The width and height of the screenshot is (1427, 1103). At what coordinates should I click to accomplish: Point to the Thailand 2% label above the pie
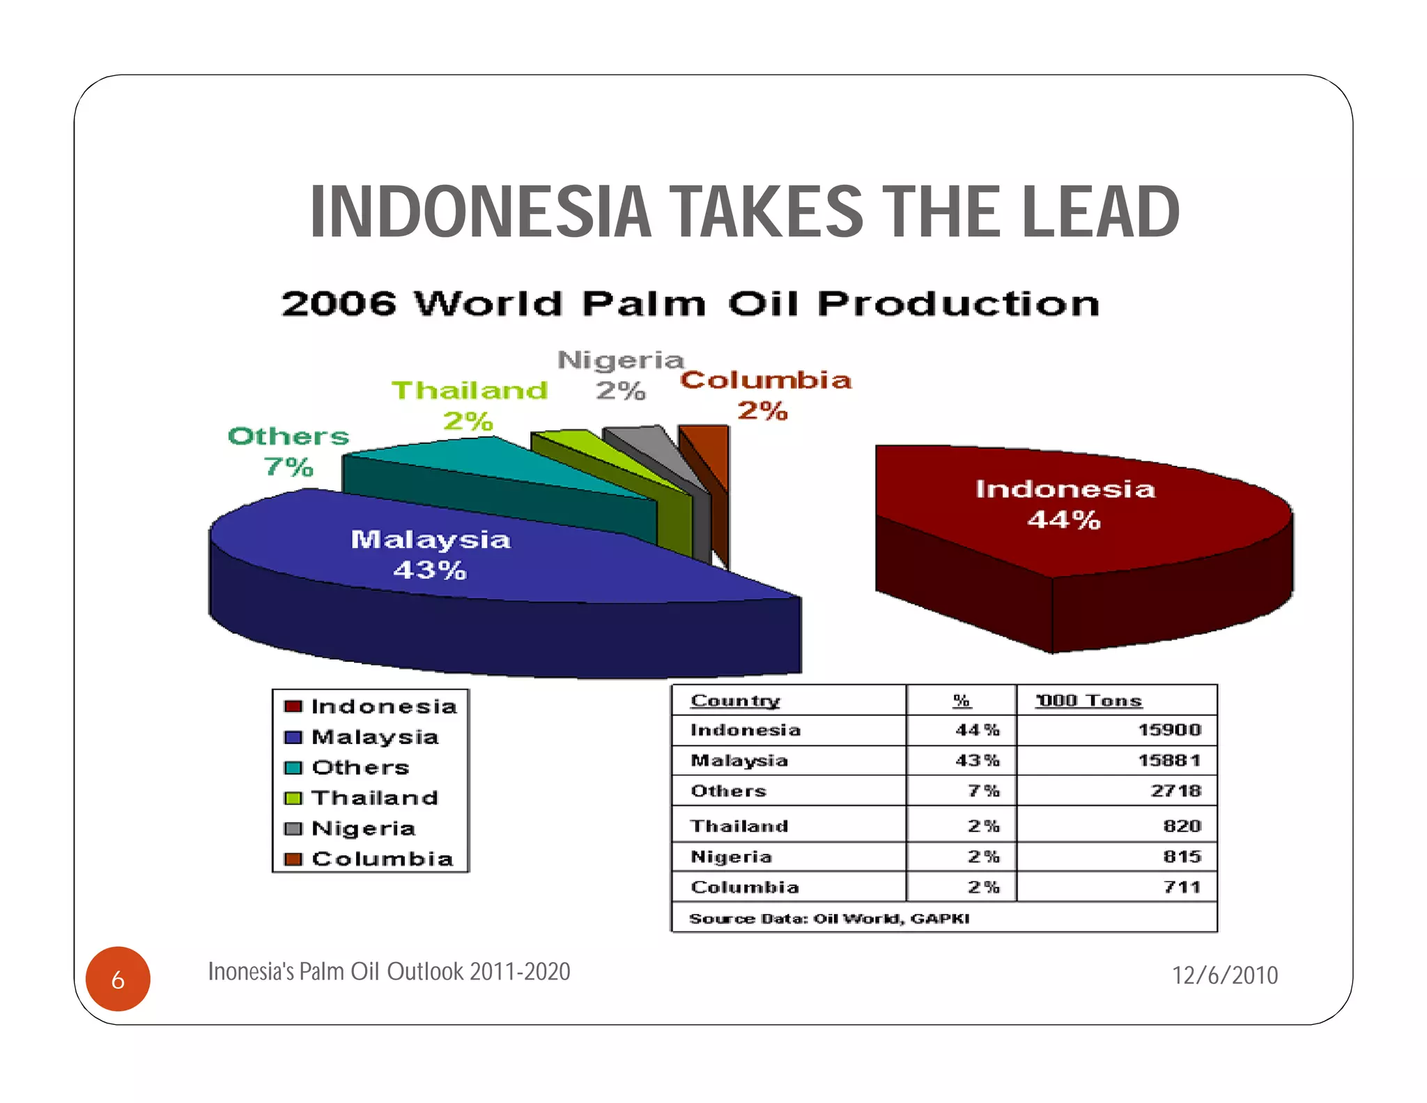click(469, 405)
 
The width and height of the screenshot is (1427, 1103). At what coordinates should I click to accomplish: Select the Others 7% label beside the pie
click(288, 450)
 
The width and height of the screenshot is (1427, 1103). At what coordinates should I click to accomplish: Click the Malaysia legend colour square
click(293, 737)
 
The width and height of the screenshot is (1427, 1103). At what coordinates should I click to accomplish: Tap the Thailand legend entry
click(374, 798)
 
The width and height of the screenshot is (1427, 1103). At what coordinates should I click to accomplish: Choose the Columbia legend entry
click(382, 859)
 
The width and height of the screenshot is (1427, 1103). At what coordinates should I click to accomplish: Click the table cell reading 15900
click(1169, 730)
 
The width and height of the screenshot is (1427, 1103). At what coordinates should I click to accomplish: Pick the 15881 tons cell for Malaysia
click(1169, 761)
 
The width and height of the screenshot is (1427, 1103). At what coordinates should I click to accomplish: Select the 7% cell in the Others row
click(983, 791)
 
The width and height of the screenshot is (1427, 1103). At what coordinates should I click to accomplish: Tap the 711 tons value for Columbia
click(1182, 887)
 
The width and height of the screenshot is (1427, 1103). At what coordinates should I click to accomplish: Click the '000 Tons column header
click(1088, 700)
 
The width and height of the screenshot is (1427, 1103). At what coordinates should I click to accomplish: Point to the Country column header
click(735, 700)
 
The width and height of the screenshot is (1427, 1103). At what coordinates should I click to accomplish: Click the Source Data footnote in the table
click(829, 918)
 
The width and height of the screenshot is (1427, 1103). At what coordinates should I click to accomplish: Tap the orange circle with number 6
click(118, 979)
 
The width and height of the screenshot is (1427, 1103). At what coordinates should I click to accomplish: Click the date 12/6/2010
click(1224, 975)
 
